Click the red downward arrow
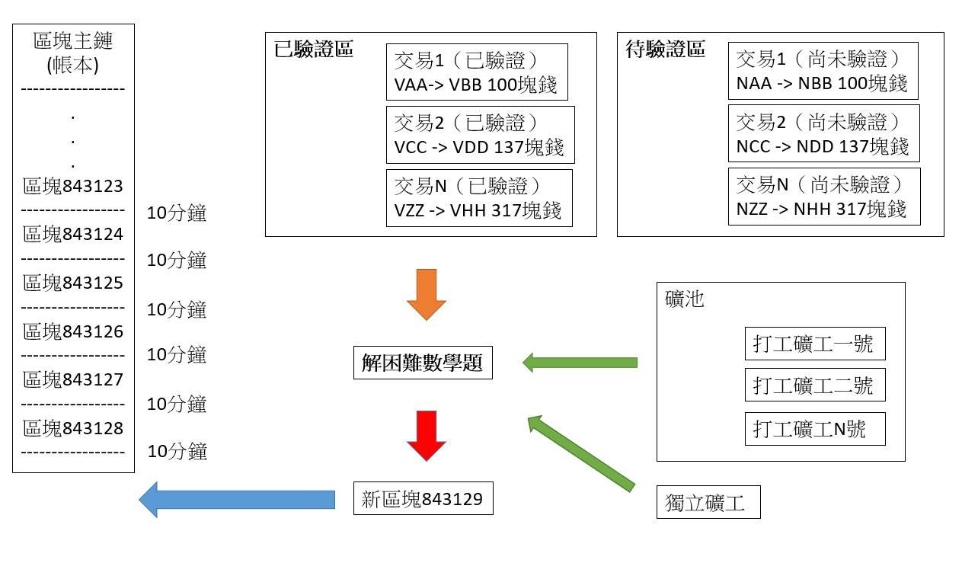point(426,435)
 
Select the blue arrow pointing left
point(237,500)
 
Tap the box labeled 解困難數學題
point(423,363)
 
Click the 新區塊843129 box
point(423,499)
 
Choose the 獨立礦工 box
point(708,503)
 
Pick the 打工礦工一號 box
point(815,344)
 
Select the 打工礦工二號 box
point(815,385)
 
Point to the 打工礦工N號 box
point(815,430)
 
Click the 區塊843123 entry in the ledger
point(73,187)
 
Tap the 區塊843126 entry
point(73,331)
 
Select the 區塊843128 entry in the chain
point(73,428)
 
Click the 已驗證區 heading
point(314,50)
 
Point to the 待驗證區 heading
point(666,50)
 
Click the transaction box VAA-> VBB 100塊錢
point(477,72)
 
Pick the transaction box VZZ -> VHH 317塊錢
point(478,198)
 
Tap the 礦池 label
point(685,299)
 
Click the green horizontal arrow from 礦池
point(580,363)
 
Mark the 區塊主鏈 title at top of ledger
point(73,52)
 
